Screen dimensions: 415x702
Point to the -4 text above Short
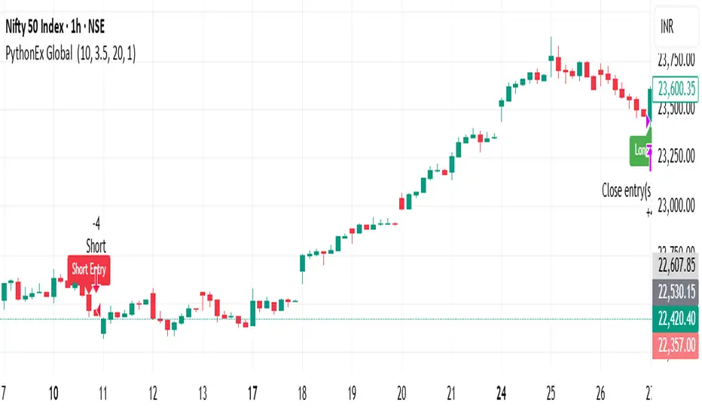point(96,223)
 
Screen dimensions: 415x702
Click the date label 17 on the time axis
point(252,371)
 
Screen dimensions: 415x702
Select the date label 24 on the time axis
point(500,371)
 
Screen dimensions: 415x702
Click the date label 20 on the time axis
point(401,371)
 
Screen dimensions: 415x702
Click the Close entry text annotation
point(625,189)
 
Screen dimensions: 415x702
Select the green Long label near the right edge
point(641,149)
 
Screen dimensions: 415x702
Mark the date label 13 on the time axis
point(203,371)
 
